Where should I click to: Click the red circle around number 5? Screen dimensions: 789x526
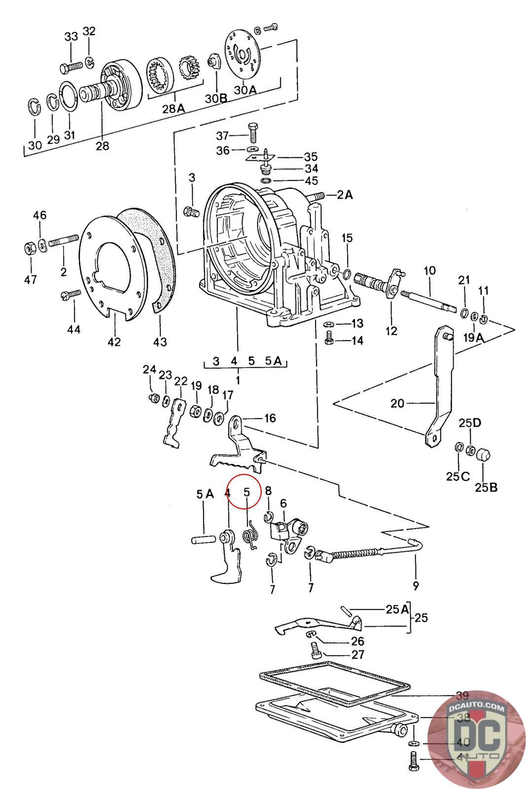tap(244, 491)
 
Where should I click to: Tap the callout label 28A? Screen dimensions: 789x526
tap(173, 108)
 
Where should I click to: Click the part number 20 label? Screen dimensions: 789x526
tap(397, 403)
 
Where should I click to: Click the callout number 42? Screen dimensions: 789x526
tap(114, 341)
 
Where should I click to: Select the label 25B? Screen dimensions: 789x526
tap(486, 488)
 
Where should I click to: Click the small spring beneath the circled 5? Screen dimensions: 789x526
tap(250, 535)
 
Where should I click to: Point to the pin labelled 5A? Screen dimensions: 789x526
tap(203, 539)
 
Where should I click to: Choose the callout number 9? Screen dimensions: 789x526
tap(416, 586)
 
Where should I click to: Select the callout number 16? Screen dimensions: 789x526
tap(270, 418)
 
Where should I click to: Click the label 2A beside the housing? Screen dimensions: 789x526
tap(345, 195)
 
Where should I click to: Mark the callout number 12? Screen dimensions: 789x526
tap(391, 331)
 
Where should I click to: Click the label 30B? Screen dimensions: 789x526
tap(216, 98)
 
